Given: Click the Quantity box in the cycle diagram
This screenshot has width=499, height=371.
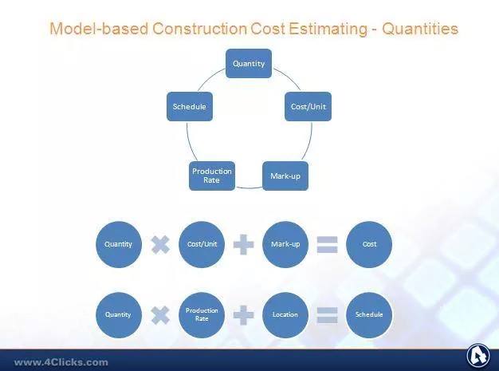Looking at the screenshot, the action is pos(249,63).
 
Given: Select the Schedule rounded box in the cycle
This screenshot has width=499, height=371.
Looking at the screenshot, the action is pos(190,106).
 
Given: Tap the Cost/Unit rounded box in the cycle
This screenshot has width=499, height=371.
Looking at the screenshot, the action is pos(308,106).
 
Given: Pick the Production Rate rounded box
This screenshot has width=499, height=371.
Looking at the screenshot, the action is pos(212,176).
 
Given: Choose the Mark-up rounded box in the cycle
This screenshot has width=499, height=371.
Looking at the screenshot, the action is pos(285,176).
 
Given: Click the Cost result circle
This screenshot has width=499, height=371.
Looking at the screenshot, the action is pos(369,244).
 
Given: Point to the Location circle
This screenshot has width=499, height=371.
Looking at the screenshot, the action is pos(285,315).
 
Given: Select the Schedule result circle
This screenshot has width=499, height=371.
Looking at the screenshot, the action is pos(369,315).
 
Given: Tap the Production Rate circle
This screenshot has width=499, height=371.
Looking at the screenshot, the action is pos(202,315).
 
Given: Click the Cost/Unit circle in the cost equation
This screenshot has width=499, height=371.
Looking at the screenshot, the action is pos(202,244).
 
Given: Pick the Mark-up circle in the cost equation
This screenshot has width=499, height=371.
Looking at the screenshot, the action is pos(285,244).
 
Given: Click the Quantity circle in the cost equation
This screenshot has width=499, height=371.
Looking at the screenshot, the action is pos(119,244).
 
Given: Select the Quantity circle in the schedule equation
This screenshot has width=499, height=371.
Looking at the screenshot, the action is pos(119,315).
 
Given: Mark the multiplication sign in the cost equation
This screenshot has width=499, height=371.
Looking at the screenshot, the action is pos(160,245).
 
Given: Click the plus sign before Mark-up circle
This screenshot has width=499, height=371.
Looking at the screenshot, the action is pos(244,245).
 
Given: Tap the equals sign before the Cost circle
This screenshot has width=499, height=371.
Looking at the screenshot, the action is pos(327,245).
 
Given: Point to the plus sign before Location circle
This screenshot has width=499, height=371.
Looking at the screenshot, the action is pos(244,315).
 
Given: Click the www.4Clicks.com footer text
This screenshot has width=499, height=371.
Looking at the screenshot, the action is pos(61,362).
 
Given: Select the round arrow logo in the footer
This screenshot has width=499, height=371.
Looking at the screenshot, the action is pos(478,356).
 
